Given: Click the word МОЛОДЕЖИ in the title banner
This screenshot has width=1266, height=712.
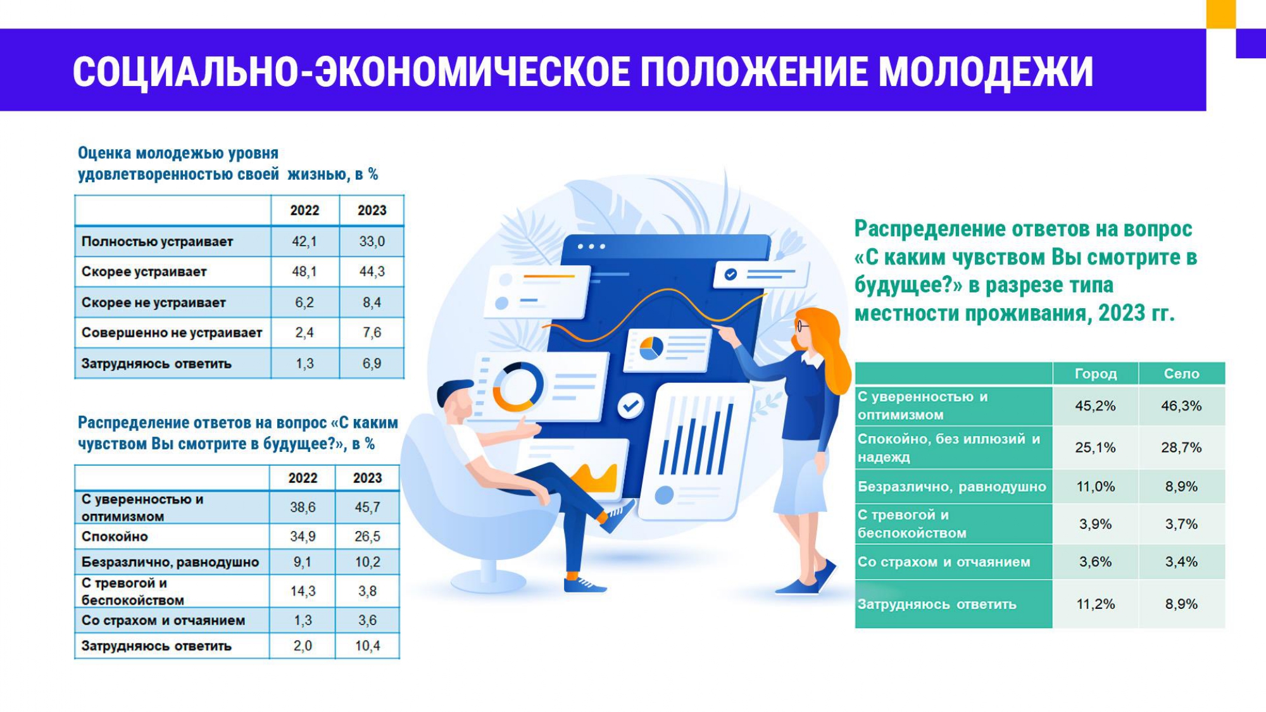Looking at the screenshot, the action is pos(986,71).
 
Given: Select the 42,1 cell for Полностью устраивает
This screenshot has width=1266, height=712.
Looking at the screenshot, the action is pos(304,242).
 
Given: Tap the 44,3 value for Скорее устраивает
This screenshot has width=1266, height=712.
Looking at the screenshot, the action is pos(372,272).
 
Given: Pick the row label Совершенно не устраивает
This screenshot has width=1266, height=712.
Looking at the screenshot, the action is pos(172,333).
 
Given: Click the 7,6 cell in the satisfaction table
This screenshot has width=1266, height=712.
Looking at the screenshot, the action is pos(372,333).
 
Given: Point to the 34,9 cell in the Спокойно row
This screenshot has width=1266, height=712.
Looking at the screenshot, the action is pos(303,537).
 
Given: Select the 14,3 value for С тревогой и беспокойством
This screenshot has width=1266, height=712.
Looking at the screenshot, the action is pos(303,591).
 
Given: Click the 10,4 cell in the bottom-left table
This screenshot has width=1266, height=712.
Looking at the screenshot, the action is pos(367,646).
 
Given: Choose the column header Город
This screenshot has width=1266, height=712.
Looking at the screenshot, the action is pos(1096,374).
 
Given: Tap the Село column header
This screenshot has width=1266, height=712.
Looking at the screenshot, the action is pos(1181,374).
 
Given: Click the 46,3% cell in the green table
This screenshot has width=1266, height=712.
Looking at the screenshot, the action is pos(1181,406).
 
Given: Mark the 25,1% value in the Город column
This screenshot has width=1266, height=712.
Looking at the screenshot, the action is pos(1095,448).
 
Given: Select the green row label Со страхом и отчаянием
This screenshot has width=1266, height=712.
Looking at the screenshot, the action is pos(944,562).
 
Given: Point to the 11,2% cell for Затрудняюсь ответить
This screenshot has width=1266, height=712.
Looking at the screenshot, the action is pos(1096,604).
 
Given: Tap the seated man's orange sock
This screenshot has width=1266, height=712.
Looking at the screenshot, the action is pos(572,576).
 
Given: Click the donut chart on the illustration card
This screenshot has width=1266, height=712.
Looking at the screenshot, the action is pos(518,387).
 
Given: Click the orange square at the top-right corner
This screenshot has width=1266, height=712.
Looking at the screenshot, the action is pos(1221,14).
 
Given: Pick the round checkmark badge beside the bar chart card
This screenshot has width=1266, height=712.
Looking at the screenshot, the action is pos(630,406).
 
